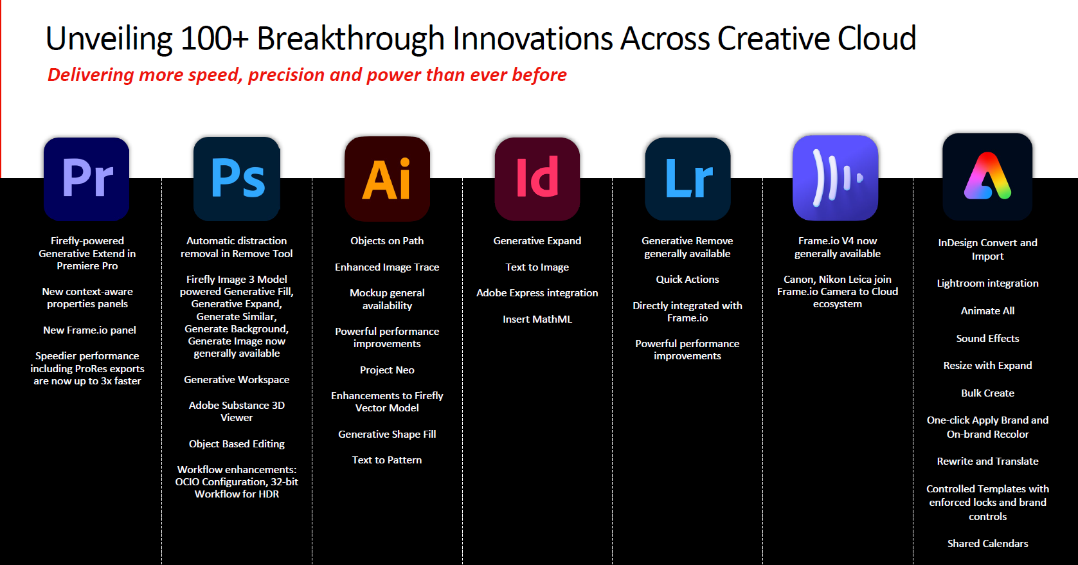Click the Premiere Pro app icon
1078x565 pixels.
click(x=87, y=179)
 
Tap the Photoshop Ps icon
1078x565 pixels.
click(x=237, y=179)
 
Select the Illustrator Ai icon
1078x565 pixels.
click(x=387, y=179)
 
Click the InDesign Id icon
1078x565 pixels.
click(x=537, y=179)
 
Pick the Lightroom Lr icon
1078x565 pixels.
click(x=688, y=179)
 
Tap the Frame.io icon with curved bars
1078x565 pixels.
click(x=836, y=177)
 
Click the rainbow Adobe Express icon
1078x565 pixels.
click(x=987, y=177)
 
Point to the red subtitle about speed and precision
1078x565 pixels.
click(x=307, y=75)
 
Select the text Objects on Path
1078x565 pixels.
click(x=387, y=240)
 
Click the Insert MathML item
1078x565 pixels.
click(x=537, y=319)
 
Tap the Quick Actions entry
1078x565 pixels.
click(x=687, y=279)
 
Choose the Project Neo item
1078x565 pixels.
click(x=387, y=370)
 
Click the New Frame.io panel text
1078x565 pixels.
click(x=89, y=330)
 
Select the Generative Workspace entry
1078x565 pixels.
click(x=237, y=380)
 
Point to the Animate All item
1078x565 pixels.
click(x=987, y=311)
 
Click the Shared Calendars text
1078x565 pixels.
click(x=987, y=543)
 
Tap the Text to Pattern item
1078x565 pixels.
click(x=387, y=460)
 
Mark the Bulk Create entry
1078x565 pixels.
click(x=987, y=393)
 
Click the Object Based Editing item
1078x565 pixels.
click(x=237, y=444)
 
